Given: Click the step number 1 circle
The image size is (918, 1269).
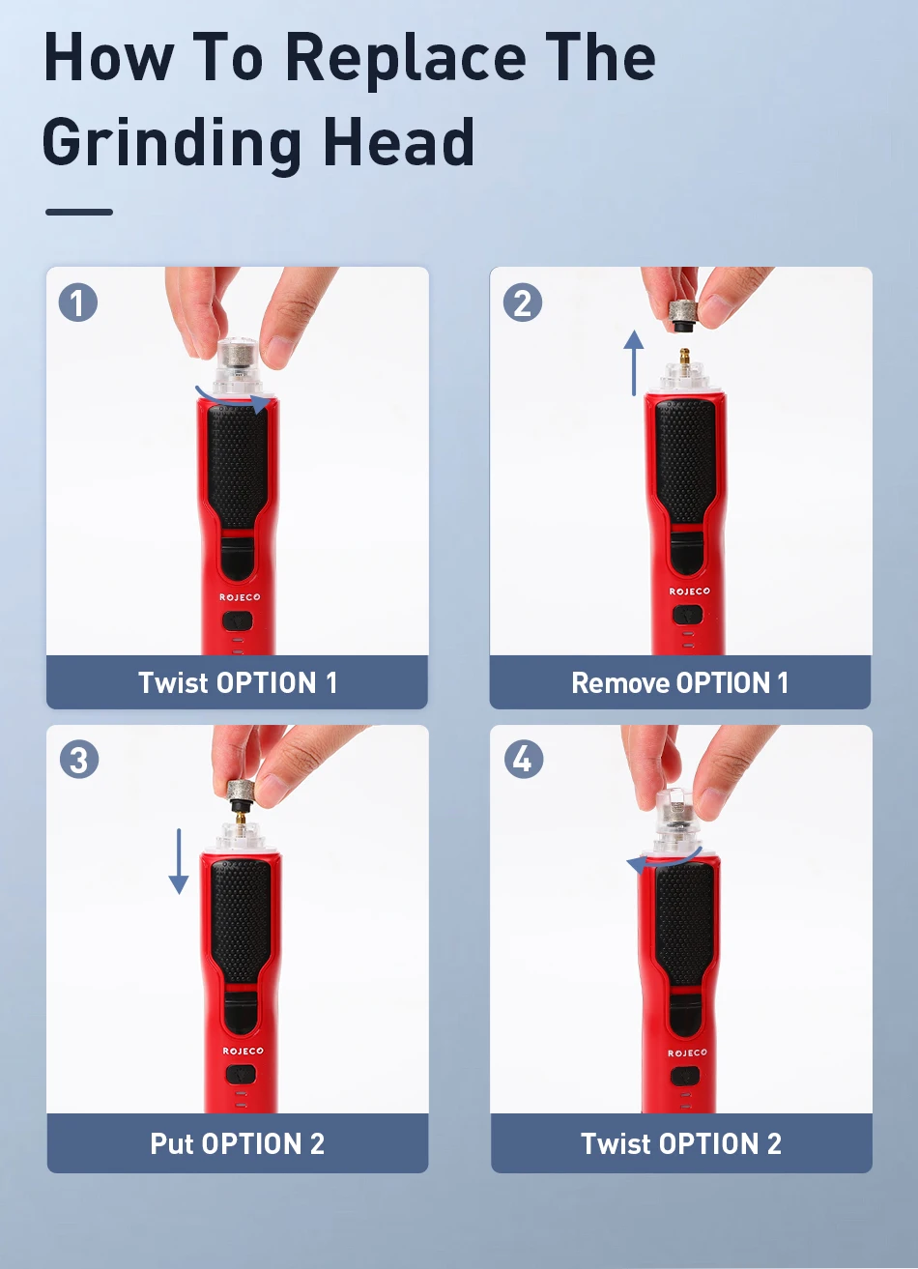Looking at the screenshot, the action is pos(78,303).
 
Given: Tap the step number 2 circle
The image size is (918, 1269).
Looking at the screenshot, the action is pos(522,303).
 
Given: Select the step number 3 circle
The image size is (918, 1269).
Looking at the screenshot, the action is pos(78,760).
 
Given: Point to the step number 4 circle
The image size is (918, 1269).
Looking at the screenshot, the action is pos(524,759).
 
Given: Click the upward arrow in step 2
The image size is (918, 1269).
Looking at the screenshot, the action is pos(634,363).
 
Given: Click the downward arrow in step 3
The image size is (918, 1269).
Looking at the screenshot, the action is pos(179,862).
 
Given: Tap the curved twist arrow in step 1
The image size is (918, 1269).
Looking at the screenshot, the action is pos(232,399).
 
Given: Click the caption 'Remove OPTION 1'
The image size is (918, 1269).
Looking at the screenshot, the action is pos(679,682).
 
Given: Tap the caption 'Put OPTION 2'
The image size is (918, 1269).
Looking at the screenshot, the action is pos(238,1143).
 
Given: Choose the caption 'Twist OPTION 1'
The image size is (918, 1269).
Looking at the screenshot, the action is pos(238,682).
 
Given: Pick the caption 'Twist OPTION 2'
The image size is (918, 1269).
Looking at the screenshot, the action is pos(681,1143).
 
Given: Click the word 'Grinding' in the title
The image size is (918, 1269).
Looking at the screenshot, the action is pos(172,144).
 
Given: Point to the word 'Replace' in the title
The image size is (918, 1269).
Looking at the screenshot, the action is pos(406,60).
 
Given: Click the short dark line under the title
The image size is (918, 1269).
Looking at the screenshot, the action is pos(79,212).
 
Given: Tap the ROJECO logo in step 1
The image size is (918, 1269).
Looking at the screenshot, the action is pos(240,597).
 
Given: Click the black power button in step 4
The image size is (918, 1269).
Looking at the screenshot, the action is pos(685,1077).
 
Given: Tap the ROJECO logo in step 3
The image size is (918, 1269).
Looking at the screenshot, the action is pos(243,1051).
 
